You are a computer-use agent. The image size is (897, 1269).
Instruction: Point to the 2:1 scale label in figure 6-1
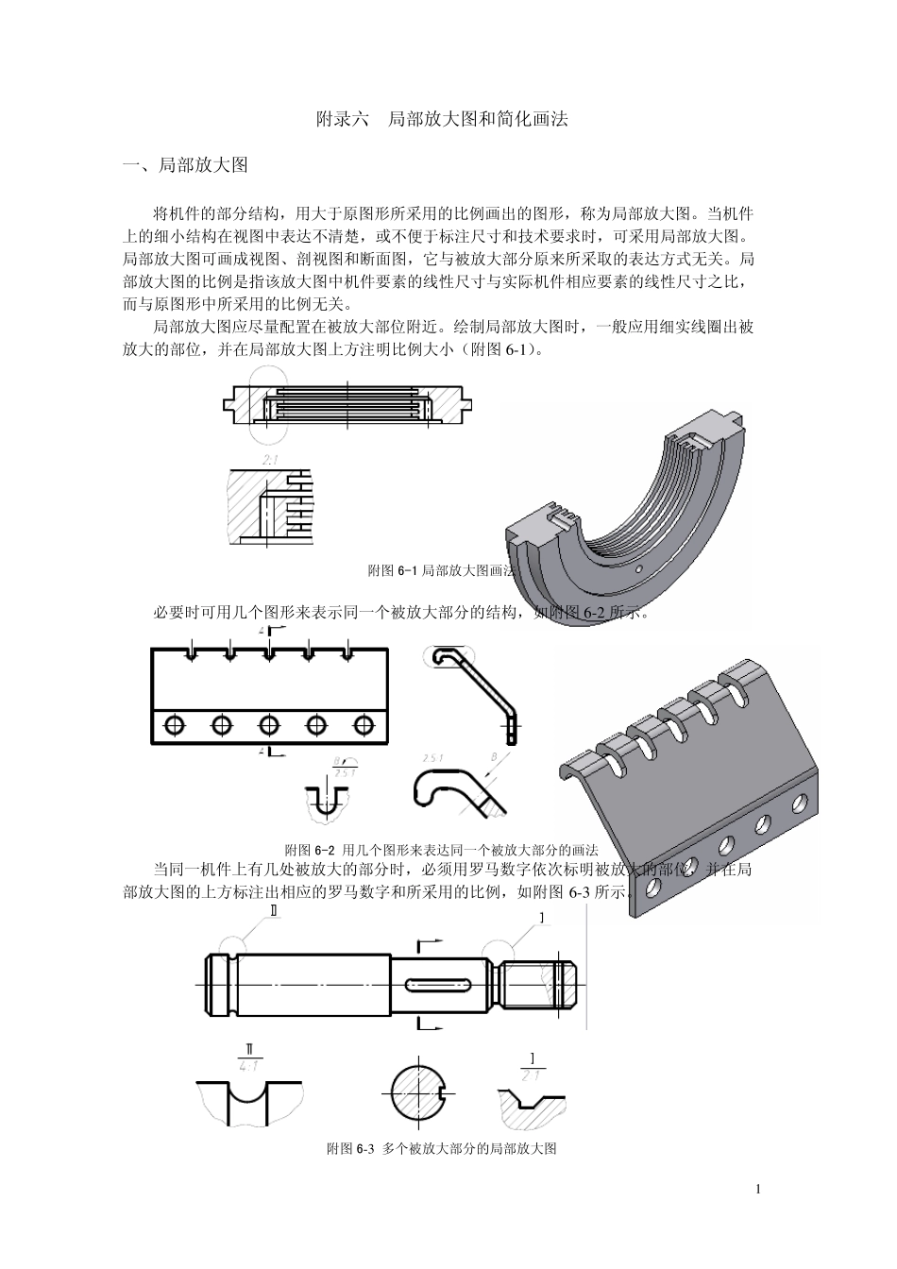pyautogui.click(x=270, y=460)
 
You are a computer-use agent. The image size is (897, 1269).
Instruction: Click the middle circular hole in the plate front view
pyautogui.click(x=269, y=724)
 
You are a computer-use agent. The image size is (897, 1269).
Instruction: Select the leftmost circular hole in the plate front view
pyautogui.click(x=175, y=724)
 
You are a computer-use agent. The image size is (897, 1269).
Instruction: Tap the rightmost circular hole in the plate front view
pyautogui.click(x=364, y=724)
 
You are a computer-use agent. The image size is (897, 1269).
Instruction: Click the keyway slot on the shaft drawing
pyautogui.click(x=439, y=985)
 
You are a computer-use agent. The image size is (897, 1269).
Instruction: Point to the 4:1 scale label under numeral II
pyautogui.click(x=249, y=1066)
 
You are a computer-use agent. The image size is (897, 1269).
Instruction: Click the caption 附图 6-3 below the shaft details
pyautogui.click(x=441, y=1149)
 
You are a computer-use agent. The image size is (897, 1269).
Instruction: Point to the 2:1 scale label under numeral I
pyautogui.click(x=531, y=1075)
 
